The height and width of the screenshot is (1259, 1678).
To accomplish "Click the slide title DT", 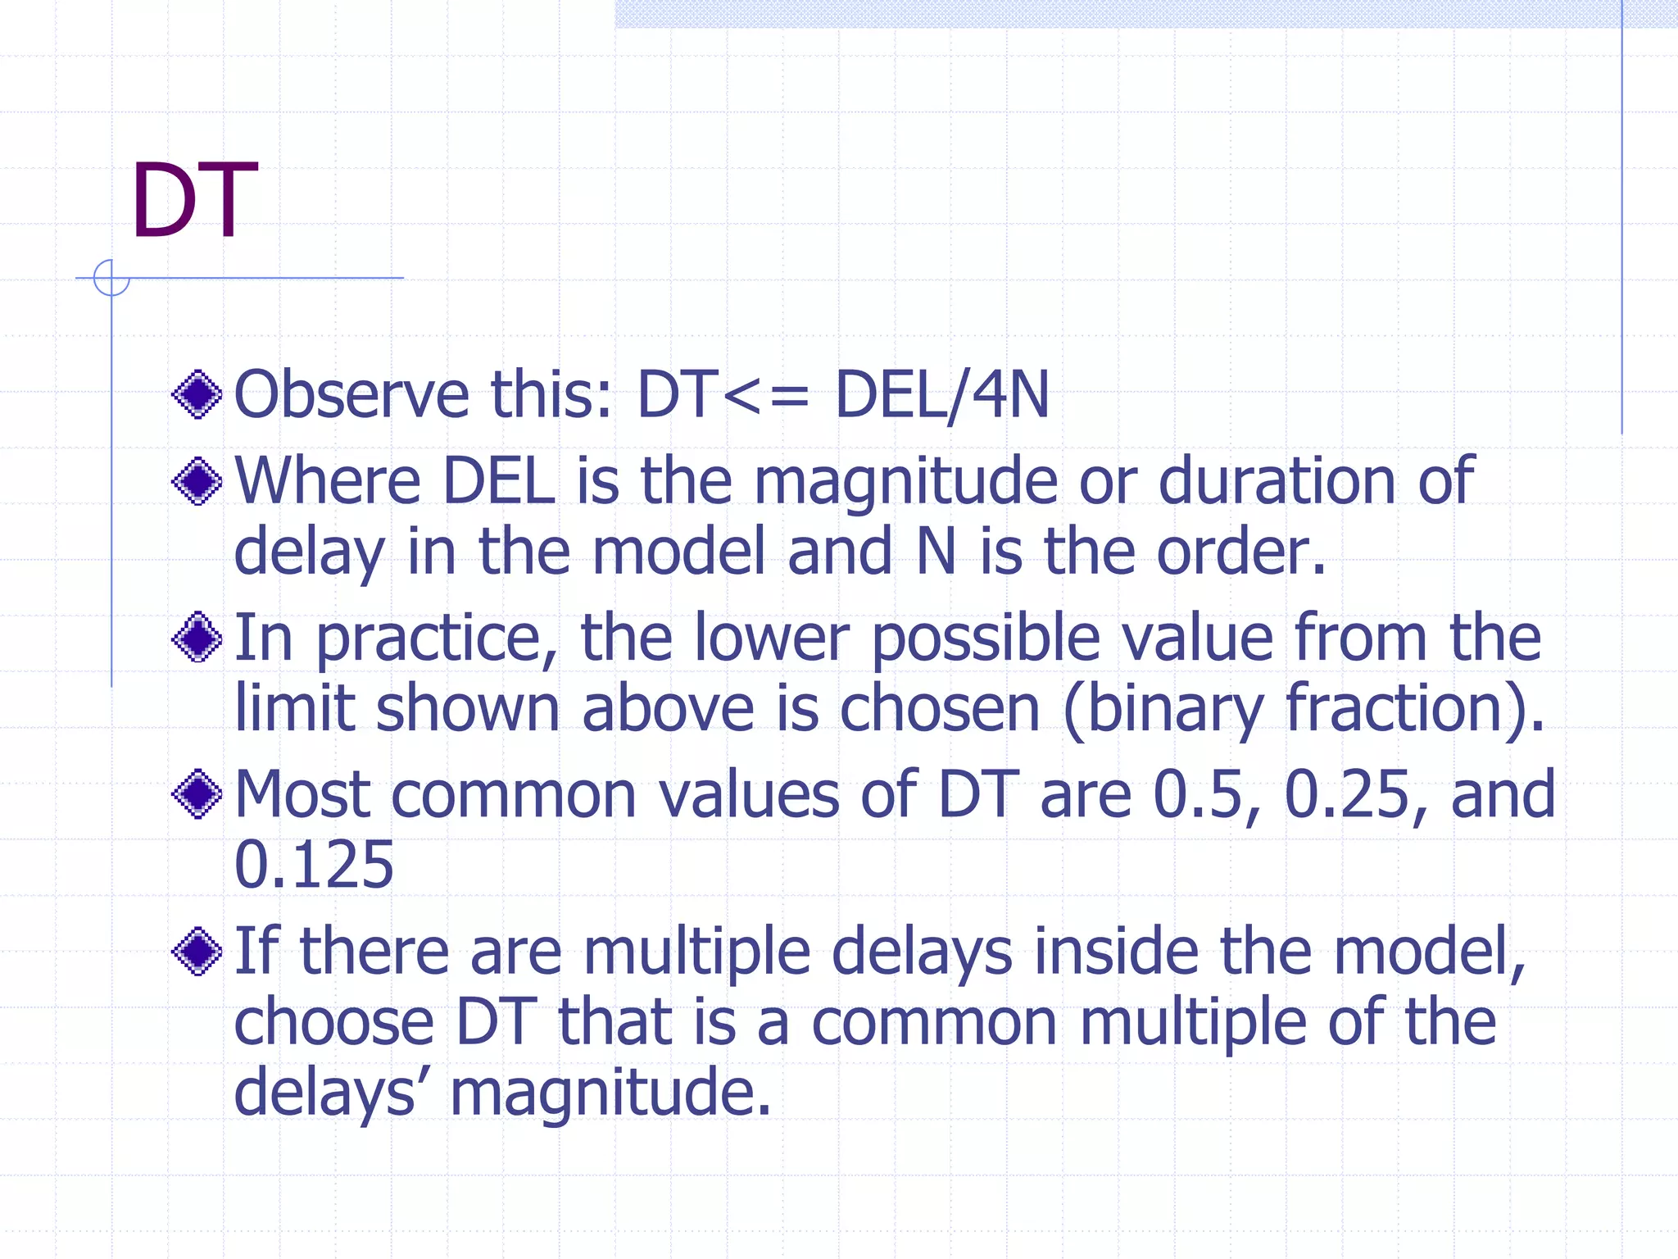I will click(x=193, y=201).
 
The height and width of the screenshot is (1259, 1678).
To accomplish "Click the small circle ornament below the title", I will click(x=111, y=278).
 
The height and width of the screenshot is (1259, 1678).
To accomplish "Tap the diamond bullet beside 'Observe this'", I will click(x=197, y=394).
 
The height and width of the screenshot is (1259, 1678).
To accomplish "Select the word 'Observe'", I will click(x=351, y=394).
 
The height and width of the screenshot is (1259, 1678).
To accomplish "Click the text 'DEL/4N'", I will click(x=941, y=394).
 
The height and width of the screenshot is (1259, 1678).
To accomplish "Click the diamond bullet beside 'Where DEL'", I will click(x=197, y=480).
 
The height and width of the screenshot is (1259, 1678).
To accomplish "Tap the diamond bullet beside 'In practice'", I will click(x=197, y=638).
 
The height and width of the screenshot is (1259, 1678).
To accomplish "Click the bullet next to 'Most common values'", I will click(x=197, y=793).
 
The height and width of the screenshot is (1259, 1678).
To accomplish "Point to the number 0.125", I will click(x=314, y=865).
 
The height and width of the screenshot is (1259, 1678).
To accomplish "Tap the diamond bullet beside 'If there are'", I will click(x=197, y=952).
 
